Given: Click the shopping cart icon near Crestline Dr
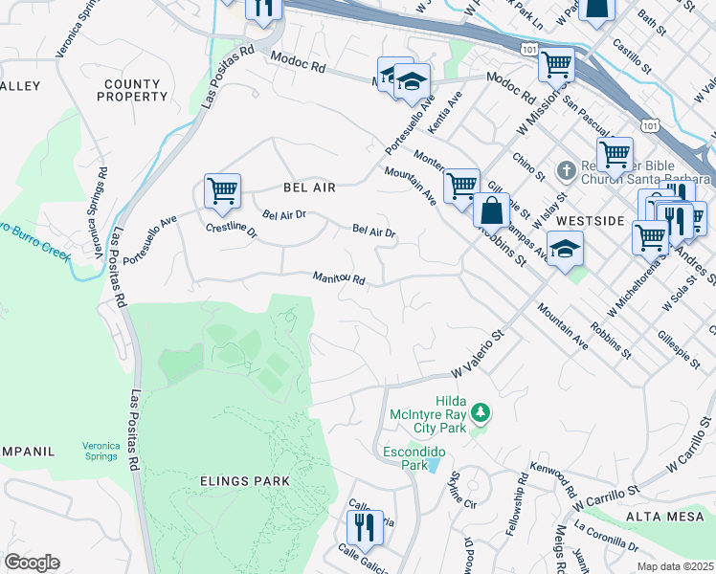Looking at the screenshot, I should tap(222, 189).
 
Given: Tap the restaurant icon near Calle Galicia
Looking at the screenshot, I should tap(365, 526).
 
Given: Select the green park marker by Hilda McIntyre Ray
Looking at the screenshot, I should tap(481, 413).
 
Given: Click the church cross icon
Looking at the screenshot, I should tap(565, 168).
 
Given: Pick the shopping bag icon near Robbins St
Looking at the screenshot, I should tap(491, 210).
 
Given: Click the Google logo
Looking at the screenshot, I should tap(32, 563).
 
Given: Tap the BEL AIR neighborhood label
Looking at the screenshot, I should tap(309, 188).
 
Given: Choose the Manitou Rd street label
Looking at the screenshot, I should tap(340, 278).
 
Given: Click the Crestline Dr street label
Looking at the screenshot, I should tap(231, 231).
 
